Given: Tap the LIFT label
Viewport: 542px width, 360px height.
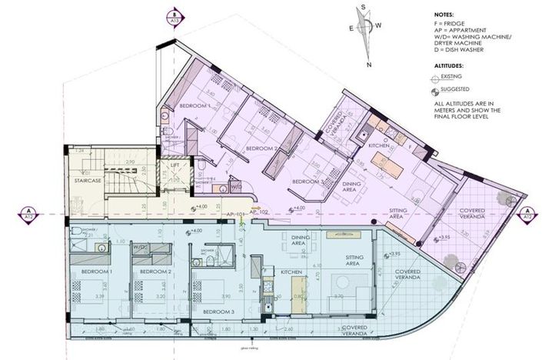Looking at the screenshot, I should coord(175,165).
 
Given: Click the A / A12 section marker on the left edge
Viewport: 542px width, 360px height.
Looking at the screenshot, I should coord(28,213).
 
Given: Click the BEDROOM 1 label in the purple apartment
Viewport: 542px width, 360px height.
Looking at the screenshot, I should coord(195,105).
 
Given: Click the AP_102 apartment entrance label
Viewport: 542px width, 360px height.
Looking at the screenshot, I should coord(259,212).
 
